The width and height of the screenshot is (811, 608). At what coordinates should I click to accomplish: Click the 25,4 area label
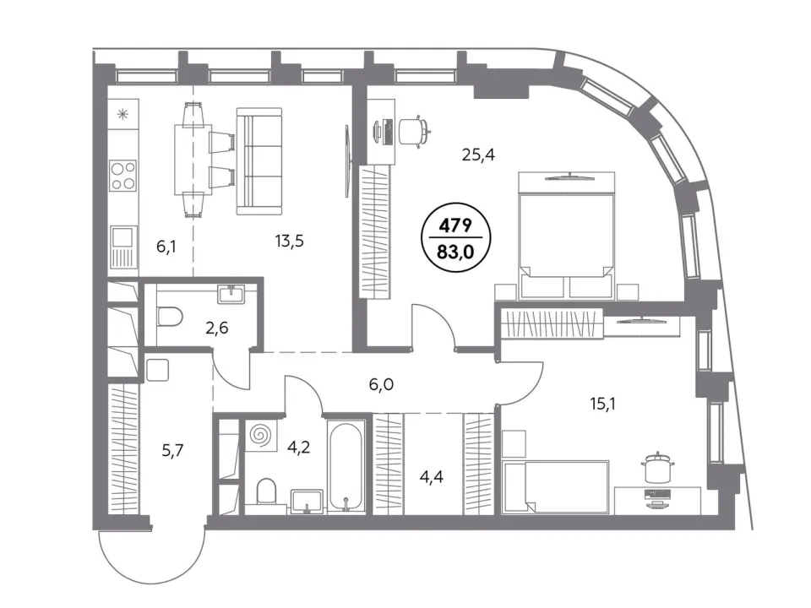coord(478,154)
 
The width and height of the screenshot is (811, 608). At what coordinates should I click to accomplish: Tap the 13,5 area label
coord(289,241)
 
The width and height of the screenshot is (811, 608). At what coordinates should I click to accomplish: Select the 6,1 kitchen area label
coord(166,247)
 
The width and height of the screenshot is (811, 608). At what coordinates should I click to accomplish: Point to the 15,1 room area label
coord(602,404)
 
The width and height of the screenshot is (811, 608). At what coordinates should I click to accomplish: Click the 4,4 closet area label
coord(432,476)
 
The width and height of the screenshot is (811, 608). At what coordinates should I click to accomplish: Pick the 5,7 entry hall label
coord(172,451)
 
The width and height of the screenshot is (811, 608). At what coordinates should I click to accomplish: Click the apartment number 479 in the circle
coord(455,225)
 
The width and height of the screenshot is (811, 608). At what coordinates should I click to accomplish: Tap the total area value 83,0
coord(455,252)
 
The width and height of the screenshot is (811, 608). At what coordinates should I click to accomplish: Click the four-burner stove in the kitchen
coord(123,176)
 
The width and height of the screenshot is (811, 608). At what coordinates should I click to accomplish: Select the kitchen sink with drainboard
coord(123,247)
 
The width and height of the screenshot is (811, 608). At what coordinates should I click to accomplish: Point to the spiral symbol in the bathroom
coord(260,434)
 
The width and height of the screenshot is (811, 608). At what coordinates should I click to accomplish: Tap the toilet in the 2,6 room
coord(169,317)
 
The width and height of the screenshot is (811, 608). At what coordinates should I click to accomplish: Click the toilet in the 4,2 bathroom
coord(266,491)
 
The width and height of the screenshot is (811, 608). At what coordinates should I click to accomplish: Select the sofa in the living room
coord(259,161)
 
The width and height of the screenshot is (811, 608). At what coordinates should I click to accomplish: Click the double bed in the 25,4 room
coord(566,236)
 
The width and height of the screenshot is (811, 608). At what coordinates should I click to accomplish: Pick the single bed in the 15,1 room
coord(556,487)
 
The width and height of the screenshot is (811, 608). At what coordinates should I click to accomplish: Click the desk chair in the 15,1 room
coord(657,468)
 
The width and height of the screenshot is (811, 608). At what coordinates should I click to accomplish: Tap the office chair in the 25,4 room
coord(415,130)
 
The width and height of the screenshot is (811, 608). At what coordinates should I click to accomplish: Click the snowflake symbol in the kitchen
coord(123,114)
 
